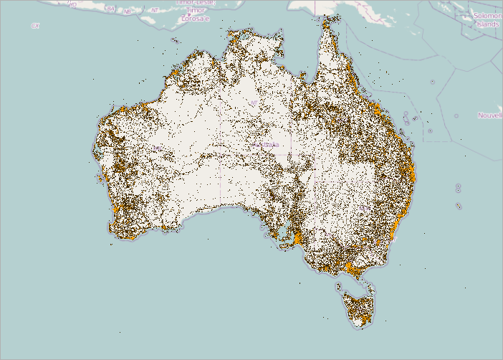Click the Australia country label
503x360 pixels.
pyautogui.click(x=266, y=145)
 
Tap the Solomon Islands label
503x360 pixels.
pyautogui.click(x=488, y=19)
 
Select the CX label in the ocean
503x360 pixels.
pyautogui.click(x=35, y=26)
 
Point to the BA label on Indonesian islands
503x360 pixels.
pyautogui.click(x=110, y=9)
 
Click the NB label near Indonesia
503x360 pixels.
pyautogui.click(x=127, y=11)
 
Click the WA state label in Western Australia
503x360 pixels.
pyautogui.click(x=155, y=148)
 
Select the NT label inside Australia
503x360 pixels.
pyautogui.click(x=254, y=103)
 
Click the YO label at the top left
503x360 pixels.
pyautogui.click(x=72, y=4)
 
